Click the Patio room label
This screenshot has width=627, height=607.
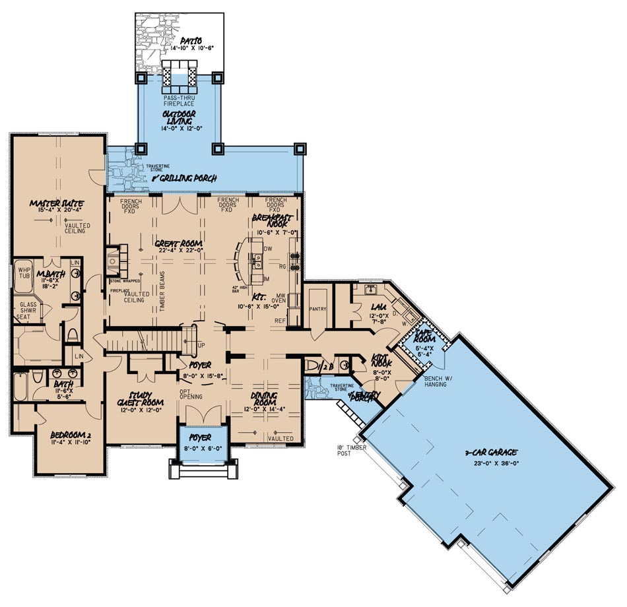click(180, 40)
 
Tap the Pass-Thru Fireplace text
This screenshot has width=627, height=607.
click(179, 102)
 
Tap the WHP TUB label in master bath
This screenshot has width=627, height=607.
click(24, 273)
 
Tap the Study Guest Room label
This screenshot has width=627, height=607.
click(139, 399)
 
